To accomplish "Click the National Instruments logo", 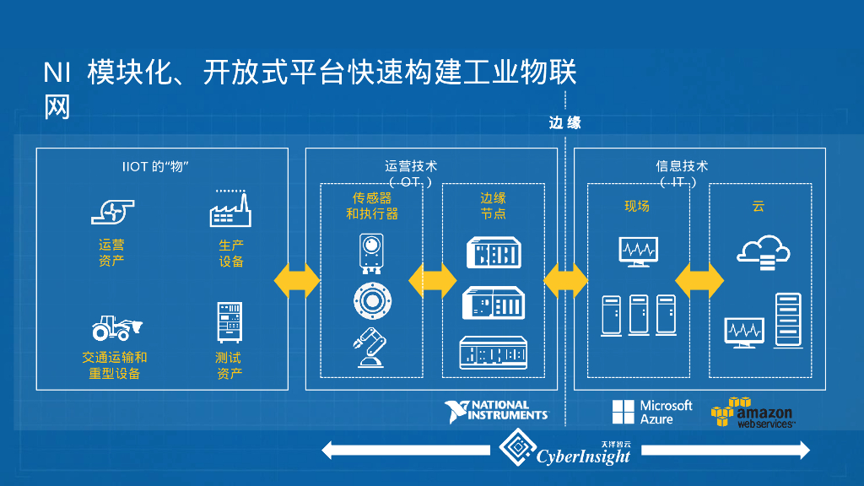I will coord(497,410).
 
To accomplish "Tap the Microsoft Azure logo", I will coord(652,412).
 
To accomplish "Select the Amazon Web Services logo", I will coord(752,413).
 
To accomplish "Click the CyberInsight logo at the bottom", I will coord(566,450).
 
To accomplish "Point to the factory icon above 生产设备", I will coord(229,208).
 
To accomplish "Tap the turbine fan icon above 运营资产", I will coord(112,210).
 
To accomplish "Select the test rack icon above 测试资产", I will coord(229,321).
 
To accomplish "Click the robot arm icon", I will coord(370,348).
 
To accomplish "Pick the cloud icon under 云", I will coord(764,251).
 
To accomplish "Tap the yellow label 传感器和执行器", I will coord(371,206).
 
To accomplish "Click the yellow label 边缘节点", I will coord(493,206).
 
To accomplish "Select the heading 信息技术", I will coord(682,166).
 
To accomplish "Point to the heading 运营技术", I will coord(411,166).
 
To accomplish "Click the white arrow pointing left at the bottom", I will coord(405,451).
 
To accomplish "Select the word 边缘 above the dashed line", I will coord(564,123).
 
